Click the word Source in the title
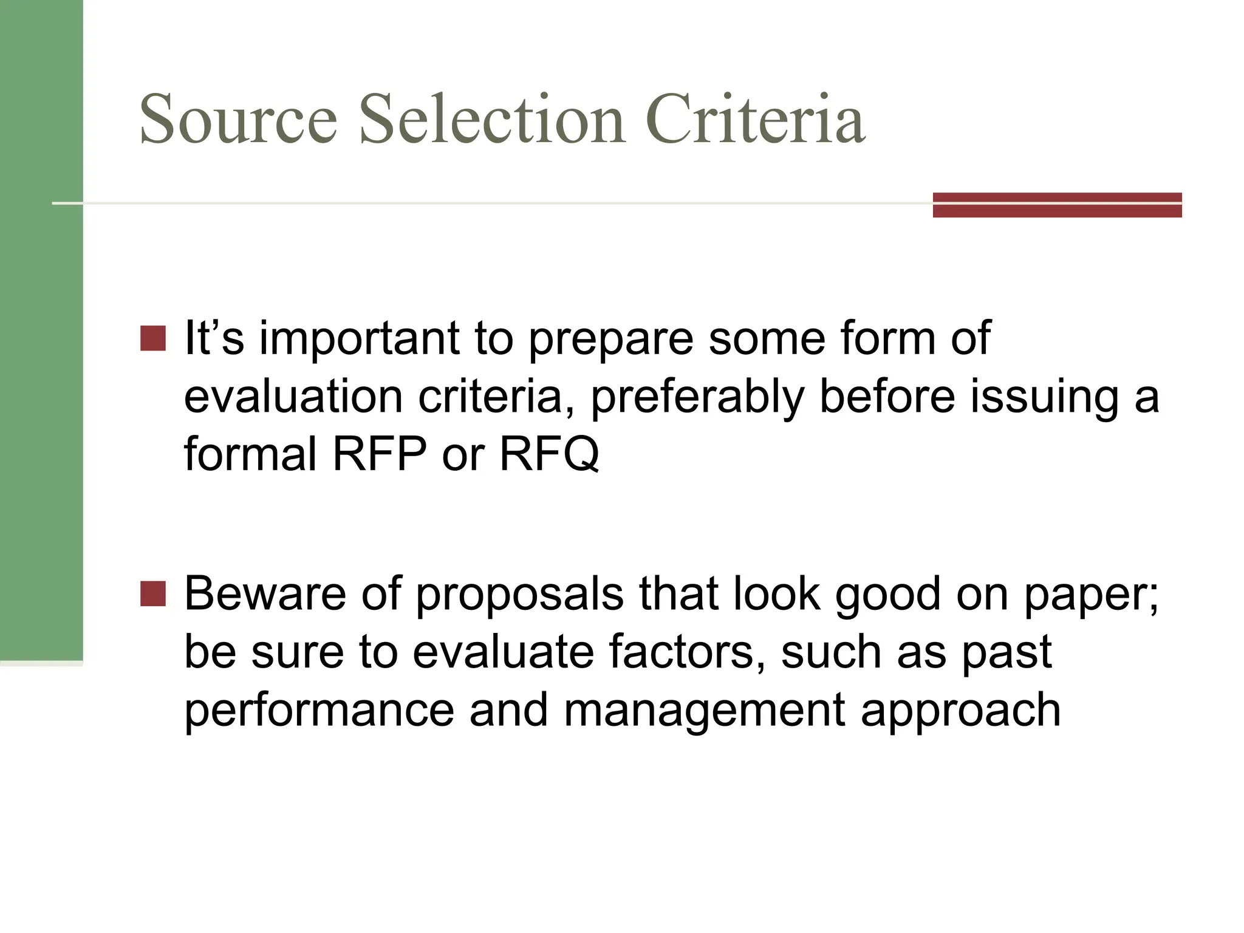pos(238,119)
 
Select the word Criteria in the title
pos(756,119)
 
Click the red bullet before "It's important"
pos(152,338)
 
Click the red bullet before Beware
pos(152,593)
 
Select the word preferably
pos(697,398)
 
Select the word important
pos(359,338)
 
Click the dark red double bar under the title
pos(1057,205)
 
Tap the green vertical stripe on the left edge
pos(41,328)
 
